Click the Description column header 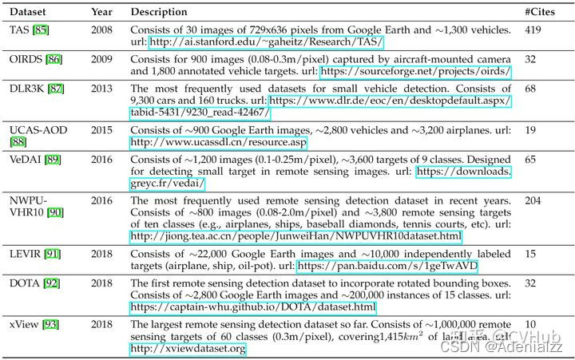[158, 13]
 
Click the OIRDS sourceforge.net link [414, 73]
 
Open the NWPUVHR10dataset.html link [295, 235]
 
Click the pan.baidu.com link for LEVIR [387, 265]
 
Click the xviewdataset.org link [187, 349]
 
